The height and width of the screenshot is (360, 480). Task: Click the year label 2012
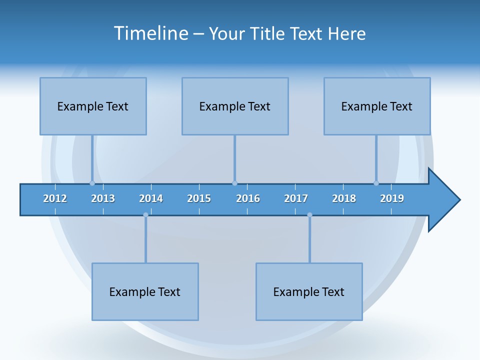[55, 198]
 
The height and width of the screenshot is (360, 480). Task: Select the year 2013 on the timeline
[103, 198]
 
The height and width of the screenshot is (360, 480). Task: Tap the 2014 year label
[151, 198]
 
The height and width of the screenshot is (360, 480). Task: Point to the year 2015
[199, 198]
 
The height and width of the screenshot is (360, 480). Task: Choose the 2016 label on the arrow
[248, 198]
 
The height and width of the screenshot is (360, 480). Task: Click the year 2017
[296, 198]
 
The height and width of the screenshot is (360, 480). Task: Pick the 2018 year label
[344, 198]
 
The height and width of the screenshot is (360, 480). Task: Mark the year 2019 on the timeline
[392, 198]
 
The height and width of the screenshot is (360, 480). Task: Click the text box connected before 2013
[93, 106]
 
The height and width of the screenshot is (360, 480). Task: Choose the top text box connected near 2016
[235, 106]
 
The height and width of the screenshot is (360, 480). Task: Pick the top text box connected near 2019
[377, 106]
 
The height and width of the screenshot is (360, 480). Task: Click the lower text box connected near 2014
[145, 291]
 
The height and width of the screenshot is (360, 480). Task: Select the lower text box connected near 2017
[309, 291]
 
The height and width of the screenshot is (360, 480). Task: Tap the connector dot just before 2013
[92, 183]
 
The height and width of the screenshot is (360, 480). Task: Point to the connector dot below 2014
[145, 215]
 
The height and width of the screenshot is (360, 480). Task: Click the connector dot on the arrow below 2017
[309, 215]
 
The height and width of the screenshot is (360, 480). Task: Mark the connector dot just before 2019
[376, 183]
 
